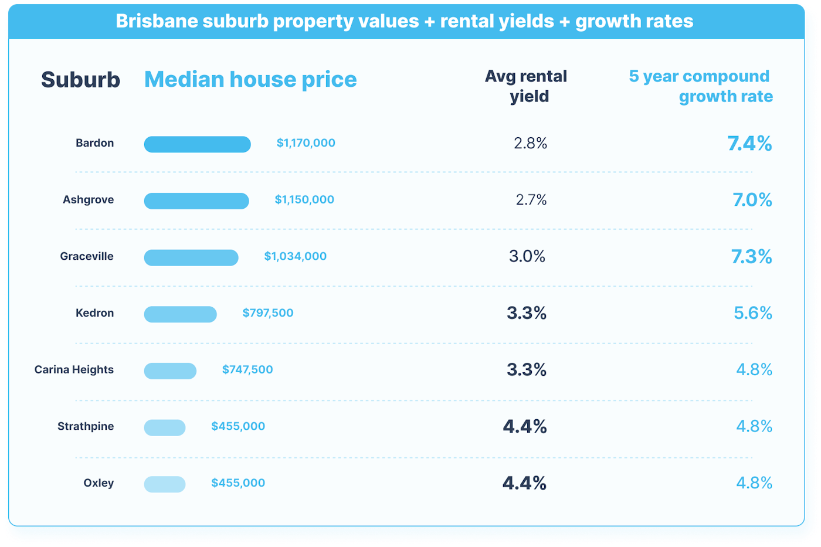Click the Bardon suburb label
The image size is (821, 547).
click(x=94, y=143)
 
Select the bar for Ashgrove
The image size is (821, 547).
click(x=196, y=201)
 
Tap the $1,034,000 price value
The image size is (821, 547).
click(x=295, y=256)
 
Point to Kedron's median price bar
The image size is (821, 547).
click(x=180, y=314)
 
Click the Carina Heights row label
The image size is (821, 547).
click(x=74, y=369)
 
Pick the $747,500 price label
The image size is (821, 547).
click(x=247, y=369)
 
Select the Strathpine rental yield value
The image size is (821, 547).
click(x=524, y=426)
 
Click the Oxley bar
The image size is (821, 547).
click(x=165, y=484)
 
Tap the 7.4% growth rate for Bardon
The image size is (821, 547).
click(x=749, y=144)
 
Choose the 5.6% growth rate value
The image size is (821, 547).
click(x=752, y=313)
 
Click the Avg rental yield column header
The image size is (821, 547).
click(x=526, y=86)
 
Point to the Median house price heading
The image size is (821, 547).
click(x=250, y=80)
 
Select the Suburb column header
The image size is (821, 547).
click(x=80, y=80)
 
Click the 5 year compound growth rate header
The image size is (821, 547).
click(x=701, y=86)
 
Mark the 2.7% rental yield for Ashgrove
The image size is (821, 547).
click(x=531, y=200)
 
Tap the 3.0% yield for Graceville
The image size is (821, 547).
click(x=527, y=256)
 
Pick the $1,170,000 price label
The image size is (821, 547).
click(x=306, y=143)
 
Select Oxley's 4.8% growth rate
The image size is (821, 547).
click(x=754, y=483)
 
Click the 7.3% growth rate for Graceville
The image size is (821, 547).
click(x=751, y=256)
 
